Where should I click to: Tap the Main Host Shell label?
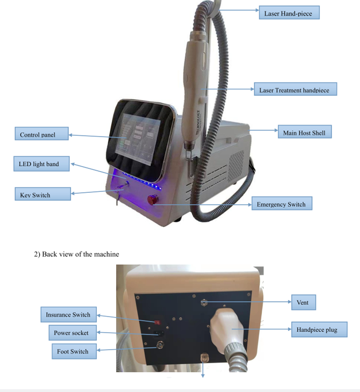(304, 133)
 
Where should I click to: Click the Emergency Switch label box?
(281, 204)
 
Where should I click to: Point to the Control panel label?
(41, 134)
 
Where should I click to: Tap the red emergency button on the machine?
(151, 199)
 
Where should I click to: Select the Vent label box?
(303, 303)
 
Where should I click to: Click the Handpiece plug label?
(317, 330)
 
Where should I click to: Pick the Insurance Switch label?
(68, 315)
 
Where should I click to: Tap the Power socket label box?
(71, 333)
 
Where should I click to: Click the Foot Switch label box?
(73, 351)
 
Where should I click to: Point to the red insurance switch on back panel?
(157, 322)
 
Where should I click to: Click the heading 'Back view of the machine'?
(77, 254)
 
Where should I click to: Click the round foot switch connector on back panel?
(158, 346)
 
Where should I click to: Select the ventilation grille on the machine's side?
(237, 162)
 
